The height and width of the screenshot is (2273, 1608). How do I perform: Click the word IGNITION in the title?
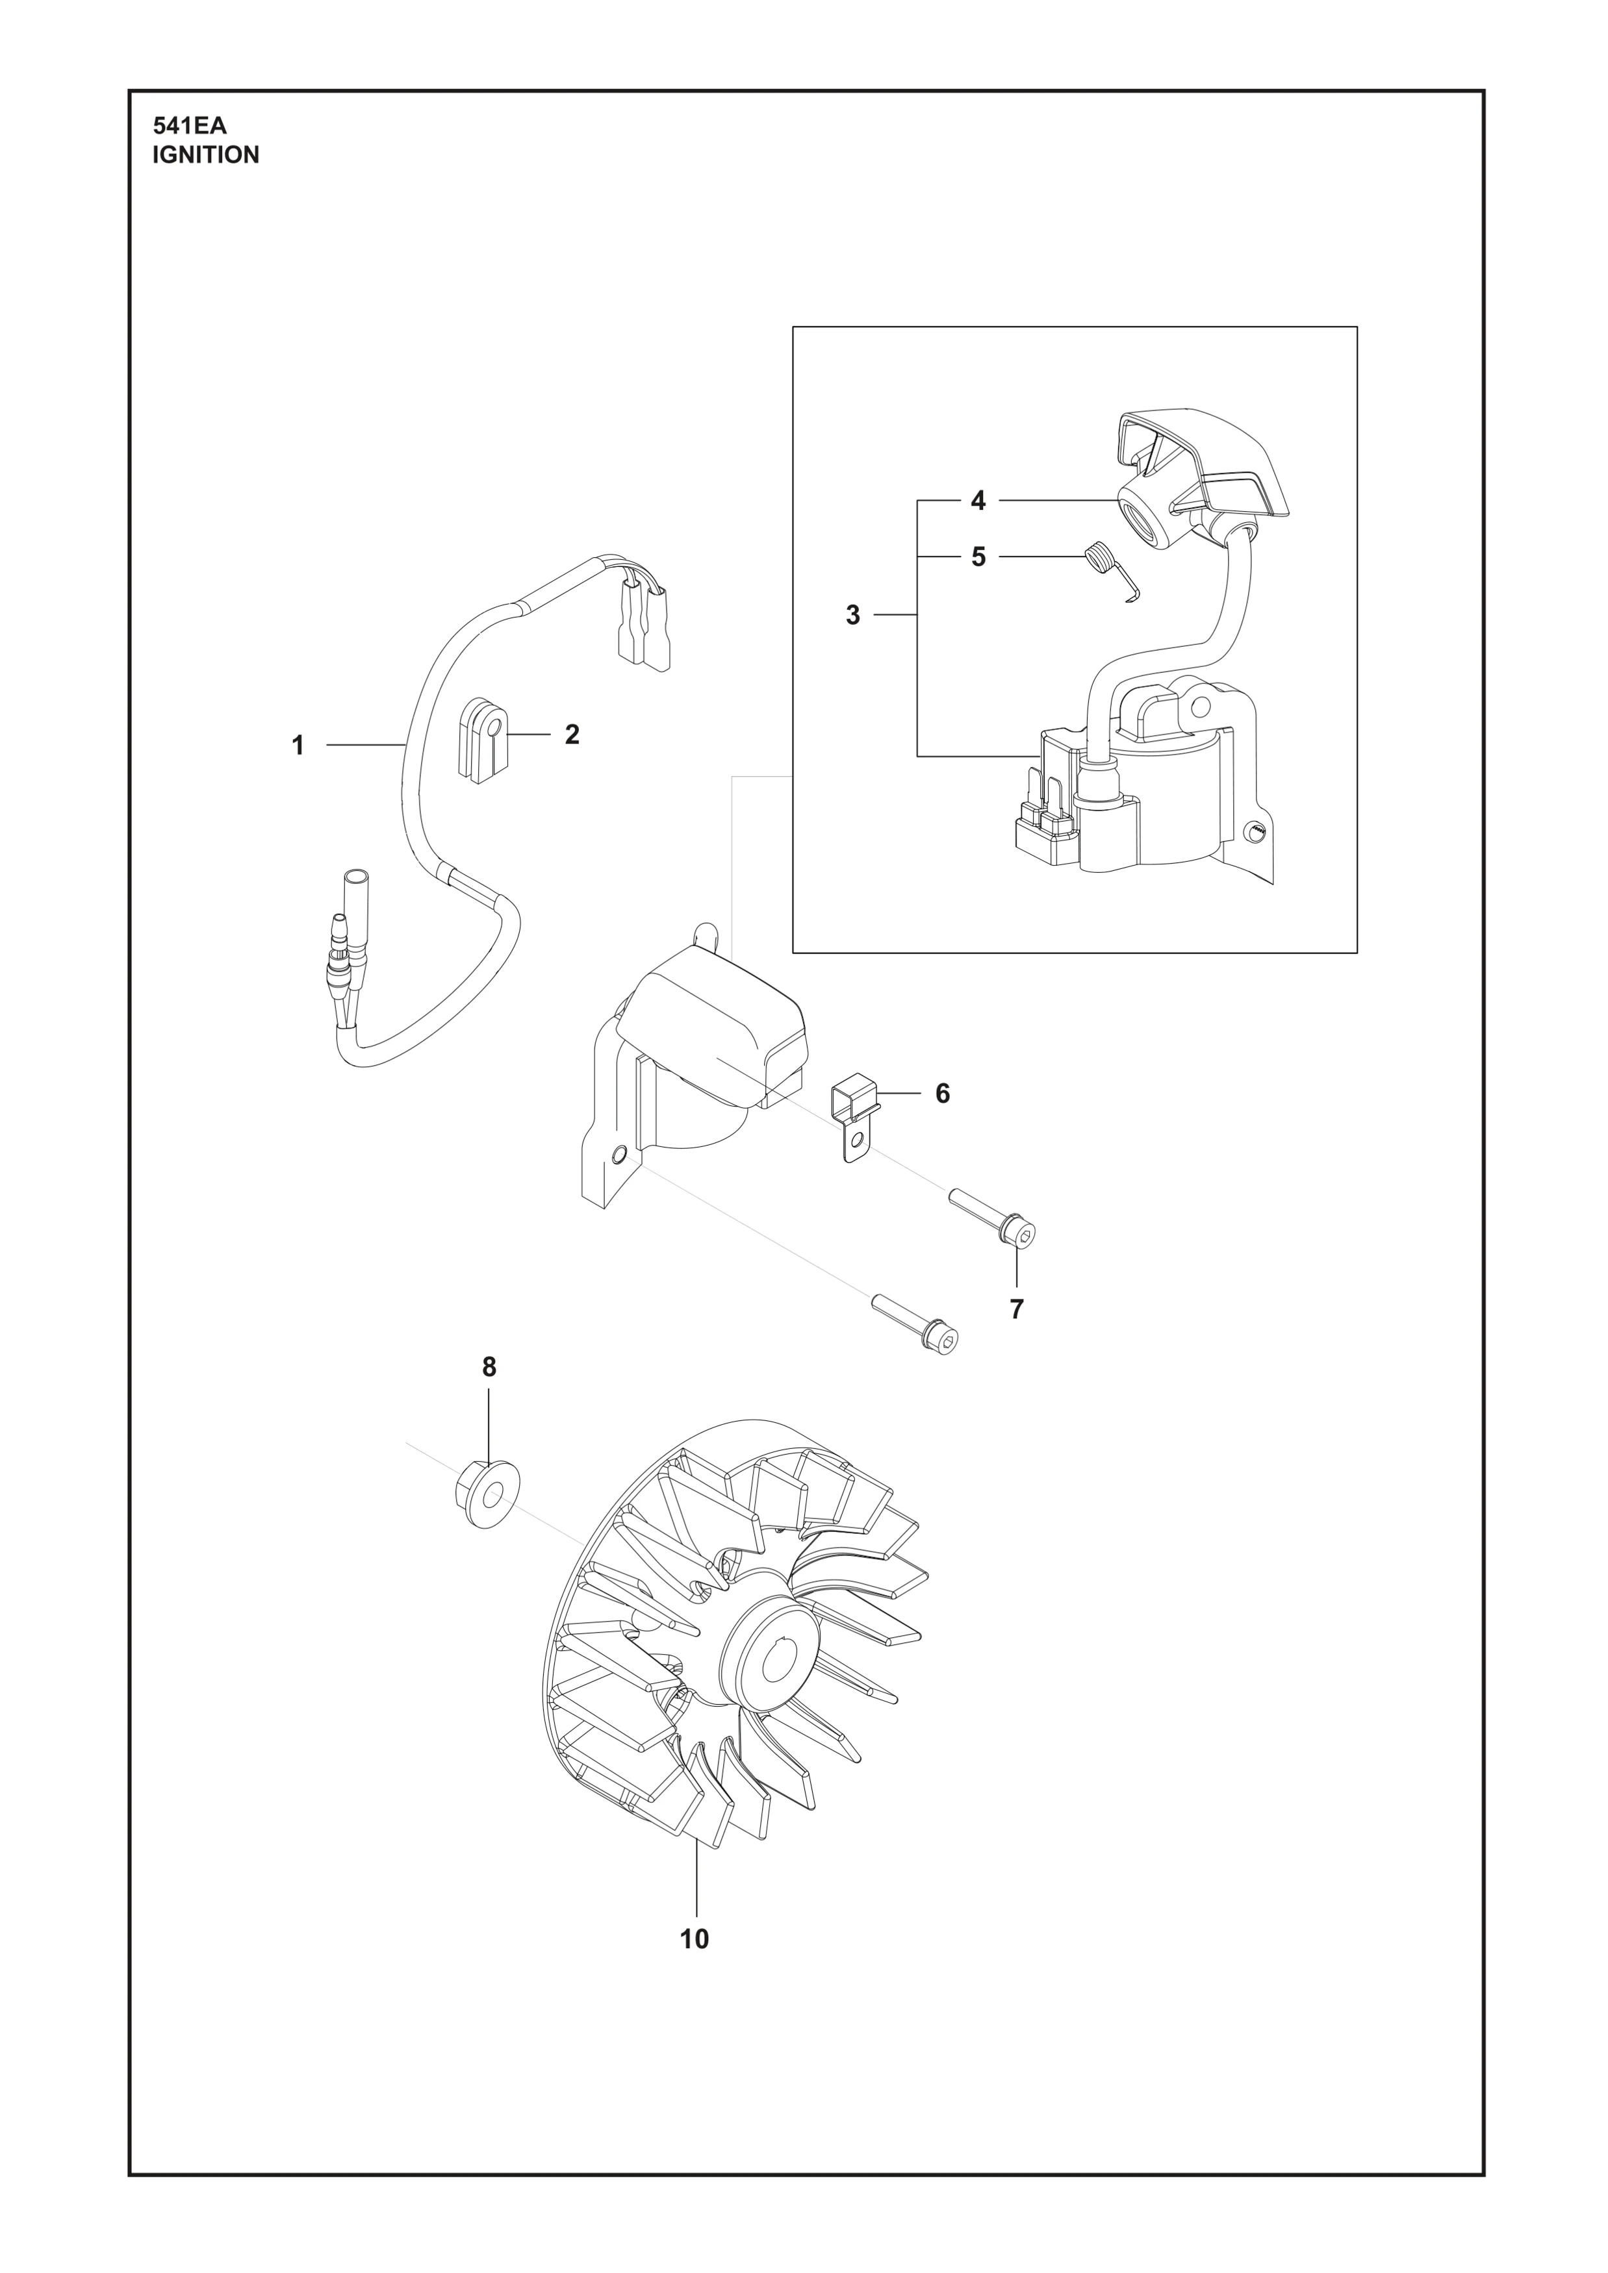(x=206, y=155)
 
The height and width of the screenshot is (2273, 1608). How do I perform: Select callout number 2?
(x=572, y=734)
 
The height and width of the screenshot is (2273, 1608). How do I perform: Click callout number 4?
(x=978, y=501)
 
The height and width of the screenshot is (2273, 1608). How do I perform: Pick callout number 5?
(x=978, y=557)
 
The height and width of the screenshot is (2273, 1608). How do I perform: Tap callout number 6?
(x=943, y=1093)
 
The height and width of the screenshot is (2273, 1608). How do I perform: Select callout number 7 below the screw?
(x=1017, y=1309)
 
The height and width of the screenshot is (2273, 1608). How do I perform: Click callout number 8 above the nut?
(x=489, y=1367)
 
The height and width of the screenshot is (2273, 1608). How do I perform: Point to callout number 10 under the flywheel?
(x=695, y=1939)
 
